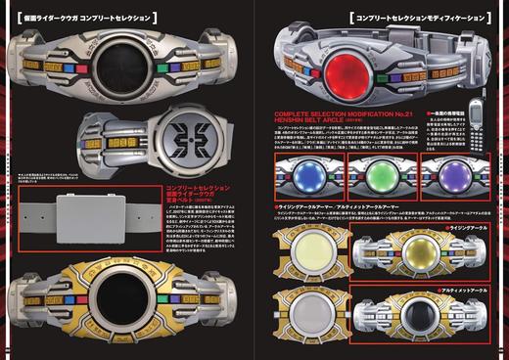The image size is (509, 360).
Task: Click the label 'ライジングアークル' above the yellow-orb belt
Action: click(x=471, y=227)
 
